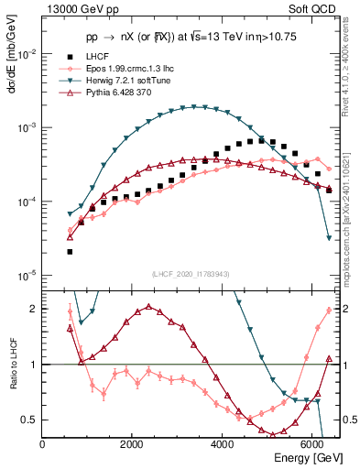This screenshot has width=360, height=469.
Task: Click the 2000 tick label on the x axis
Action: tap(132, 444)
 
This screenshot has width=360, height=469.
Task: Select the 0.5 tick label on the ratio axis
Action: tap(29, 420)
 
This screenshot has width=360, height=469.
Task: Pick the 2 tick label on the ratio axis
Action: tap(34, 309)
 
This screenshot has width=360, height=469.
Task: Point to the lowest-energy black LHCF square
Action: tap(70, 251)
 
